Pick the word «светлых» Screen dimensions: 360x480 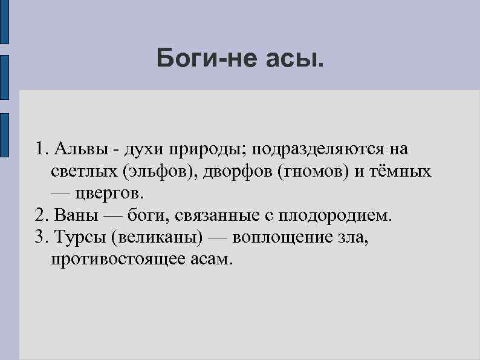[84, 171]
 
